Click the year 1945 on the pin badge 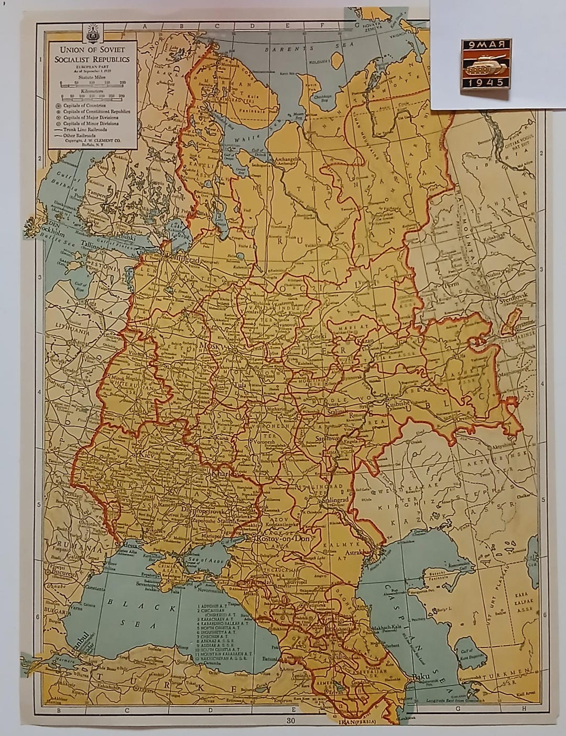[x=485, y=82]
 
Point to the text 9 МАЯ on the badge [x=486, y=46]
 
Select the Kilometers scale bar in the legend [x=93, y=96]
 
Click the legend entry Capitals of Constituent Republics [x=96, y=111]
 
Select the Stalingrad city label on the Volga [x=329, y=500]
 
